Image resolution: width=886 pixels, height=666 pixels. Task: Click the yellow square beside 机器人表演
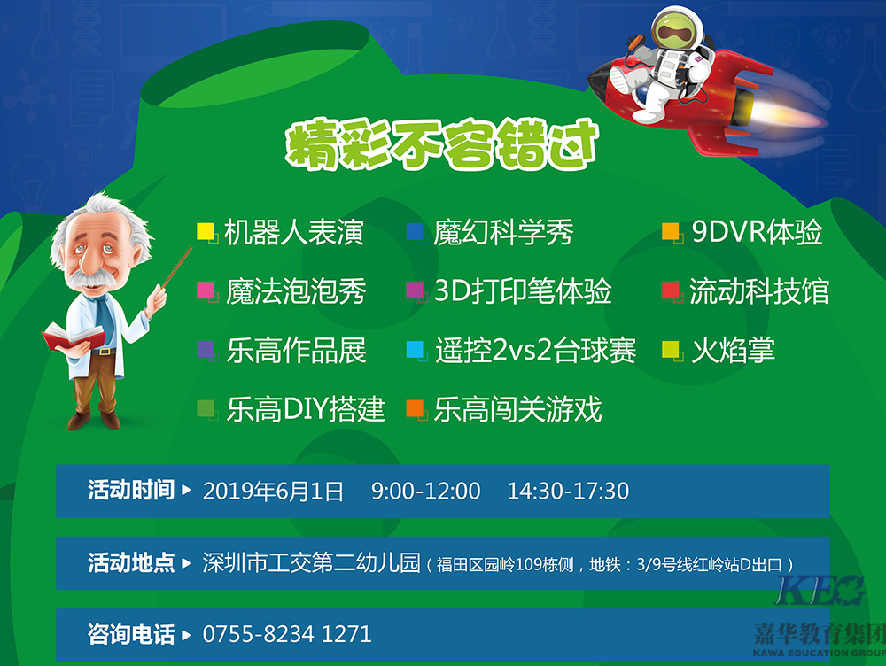point(206,232)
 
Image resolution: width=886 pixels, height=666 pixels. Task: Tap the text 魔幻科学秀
point(503,232)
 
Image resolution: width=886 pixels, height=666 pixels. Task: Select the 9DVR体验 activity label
point(757,232)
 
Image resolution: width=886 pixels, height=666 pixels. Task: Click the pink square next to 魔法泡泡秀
point(206,290)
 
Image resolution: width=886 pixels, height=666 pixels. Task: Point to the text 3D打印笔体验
point(523,290)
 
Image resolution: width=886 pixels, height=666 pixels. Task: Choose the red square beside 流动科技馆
point(671,290)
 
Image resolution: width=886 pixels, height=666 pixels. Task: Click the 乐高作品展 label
point(297,350)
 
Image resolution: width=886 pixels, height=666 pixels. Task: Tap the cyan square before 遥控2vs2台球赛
point(415,350)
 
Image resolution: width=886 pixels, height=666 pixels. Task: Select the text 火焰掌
point(733,350)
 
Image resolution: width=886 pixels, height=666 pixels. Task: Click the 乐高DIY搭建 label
point(306,409)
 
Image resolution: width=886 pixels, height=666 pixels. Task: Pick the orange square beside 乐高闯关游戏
point(415,408)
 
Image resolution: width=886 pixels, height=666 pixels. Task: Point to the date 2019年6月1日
point(273,492)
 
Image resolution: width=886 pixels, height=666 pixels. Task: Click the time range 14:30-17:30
point(568,492)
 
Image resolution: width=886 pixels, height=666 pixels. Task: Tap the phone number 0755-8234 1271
point(287,634)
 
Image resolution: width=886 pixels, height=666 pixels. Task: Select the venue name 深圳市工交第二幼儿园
point(311,562)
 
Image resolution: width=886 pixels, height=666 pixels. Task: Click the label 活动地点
point(131,562)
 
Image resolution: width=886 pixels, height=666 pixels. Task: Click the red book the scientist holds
point(74,337)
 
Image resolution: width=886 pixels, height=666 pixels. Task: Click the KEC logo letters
point(820,591)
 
